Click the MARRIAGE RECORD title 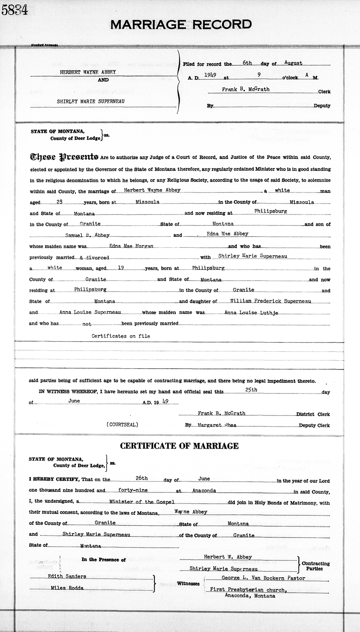click(181, 25)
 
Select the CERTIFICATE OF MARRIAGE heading click(180, 446)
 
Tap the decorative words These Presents click(64, 157)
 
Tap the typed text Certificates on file click(121, 336)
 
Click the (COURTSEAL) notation click(122, 425)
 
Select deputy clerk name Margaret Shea click(218, 425)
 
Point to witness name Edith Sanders click(62, 576)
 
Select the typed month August click(293, 63)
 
